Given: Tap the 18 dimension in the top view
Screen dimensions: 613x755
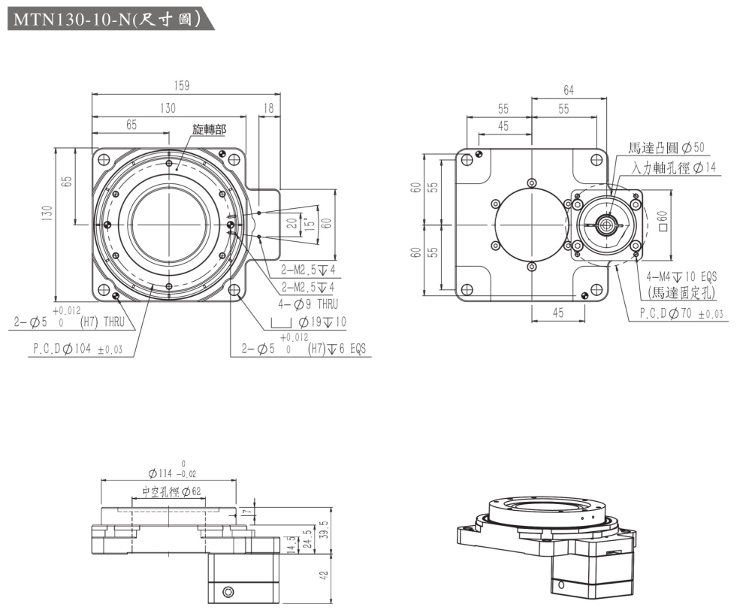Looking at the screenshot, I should point(269,109).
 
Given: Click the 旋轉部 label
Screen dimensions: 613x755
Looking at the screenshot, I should point(209,129).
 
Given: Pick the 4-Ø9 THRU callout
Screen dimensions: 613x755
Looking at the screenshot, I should point(308,304).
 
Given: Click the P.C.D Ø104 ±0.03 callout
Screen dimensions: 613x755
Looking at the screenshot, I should point(77,349).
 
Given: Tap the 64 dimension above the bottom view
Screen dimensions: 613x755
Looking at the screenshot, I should point(569,90).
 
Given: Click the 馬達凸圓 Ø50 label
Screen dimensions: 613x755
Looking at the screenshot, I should point(666,147).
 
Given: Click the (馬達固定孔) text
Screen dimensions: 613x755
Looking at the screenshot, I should point(681,292).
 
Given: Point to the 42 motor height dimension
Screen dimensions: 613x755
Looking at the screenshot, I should point(324,577).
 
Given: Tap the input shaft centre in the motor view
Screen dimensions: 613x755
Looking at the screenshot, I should point(606,223).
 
